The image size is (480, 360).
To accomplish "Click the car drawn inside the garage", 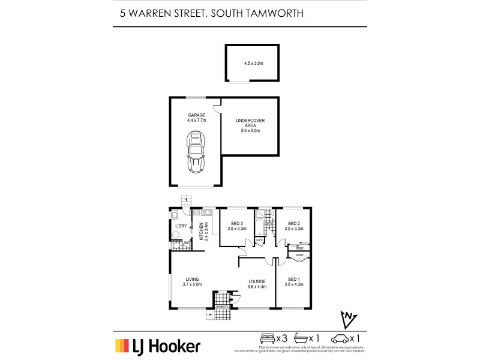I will coord(196,153).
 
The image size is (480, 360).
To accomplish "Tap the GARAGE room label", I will coord(197,115).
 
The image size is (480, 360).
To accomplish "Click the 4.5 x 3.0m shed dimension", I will coord(252,63).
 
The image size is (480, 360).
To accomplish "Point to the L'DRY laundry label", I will coord(181,226).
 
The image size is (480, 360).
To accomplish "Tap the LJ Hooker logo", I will coord(158,346).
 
